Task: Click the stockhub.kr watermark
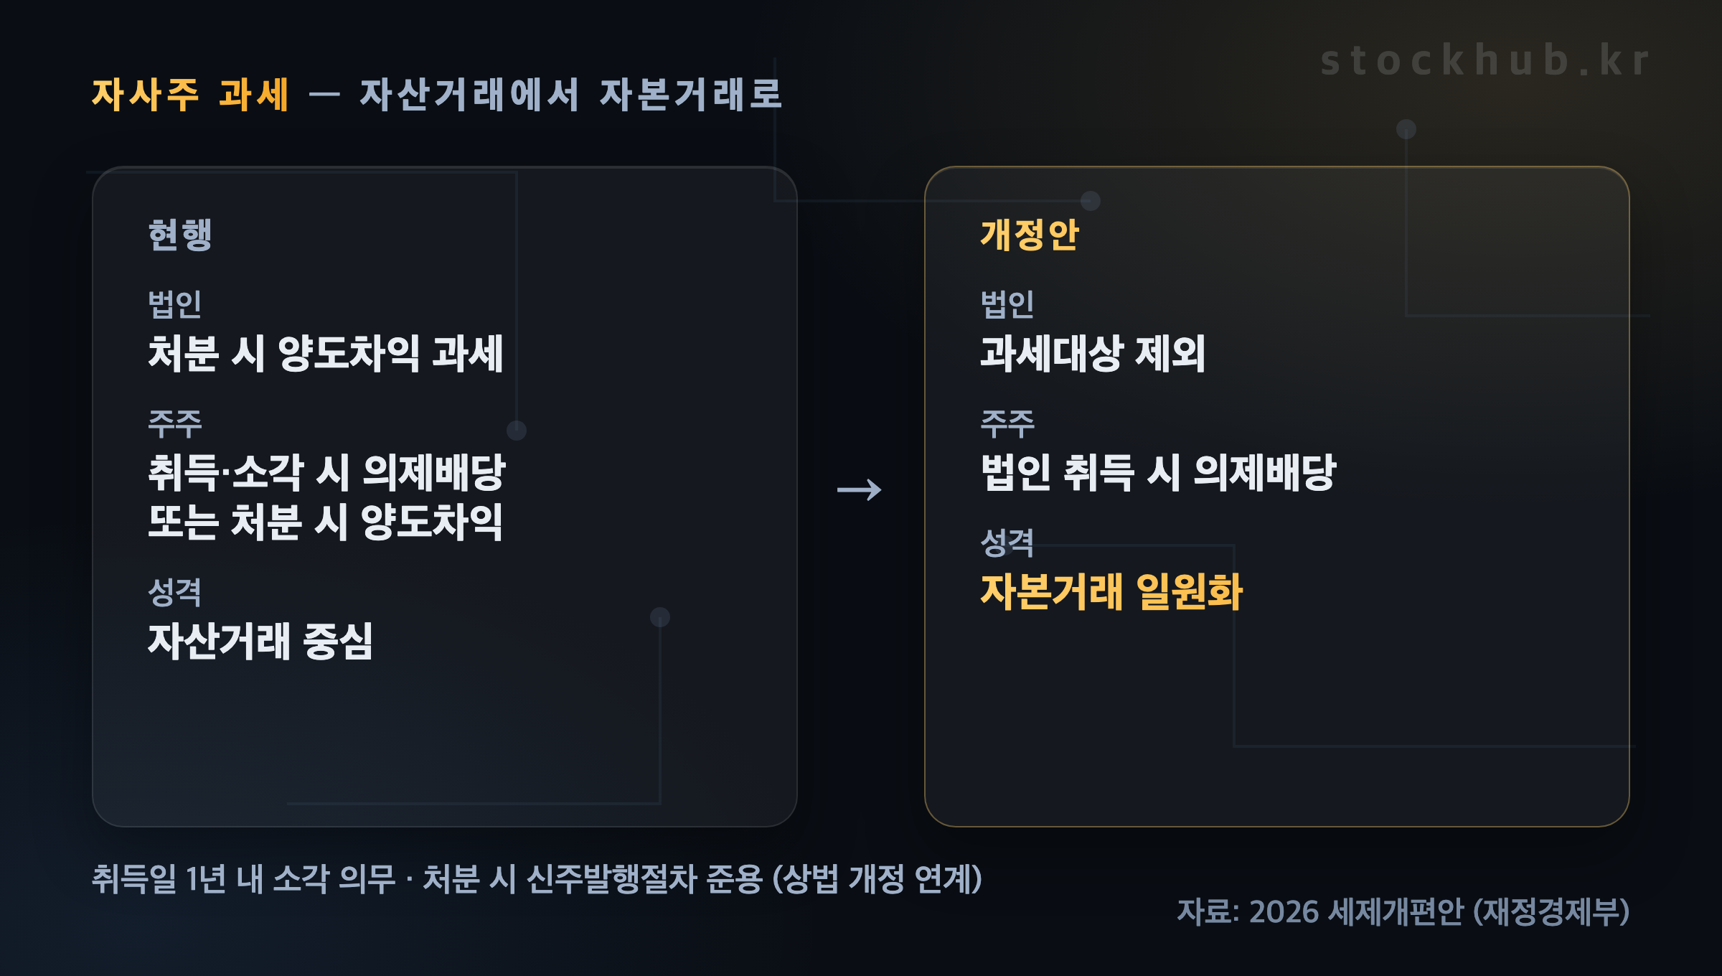1485,60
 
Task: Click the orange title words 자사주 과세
190,95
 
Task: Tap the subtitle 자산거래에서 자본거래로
570,95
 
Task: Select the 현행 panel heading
180,235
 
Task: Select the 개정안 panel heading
1030,235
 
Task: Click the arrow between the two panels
860,490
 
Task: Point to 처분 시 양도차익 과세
326,354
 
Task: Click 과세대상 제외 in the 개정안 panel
1093,354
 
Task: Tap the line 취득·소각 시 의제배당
327,473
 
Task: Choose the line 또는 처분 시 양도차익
325,522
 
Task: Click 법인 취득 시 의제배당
1159,473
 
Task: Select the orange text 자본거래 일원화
1111,592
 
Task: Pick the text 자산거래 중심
260,641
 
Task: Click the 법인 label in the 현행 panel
174,304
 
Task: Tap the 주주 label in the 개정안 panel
1007,423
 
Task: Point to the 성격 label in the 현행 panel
174,591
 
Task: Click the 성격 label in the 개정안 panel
1007,543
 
